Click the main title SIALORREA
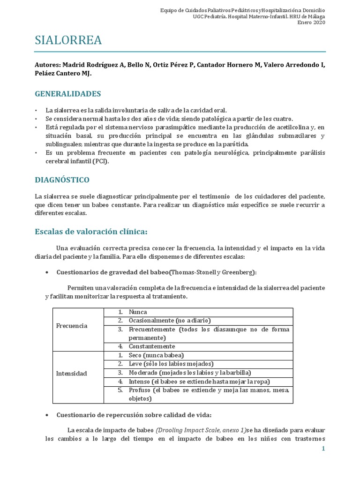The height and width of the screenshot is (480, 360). [68, 41]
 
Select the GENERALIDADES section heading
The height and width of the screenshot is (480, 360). [68, 94]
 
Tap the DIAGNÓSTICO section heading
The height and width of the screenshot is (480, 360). [62, 180]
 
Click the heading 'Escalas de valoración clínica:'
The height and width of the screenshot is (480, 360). [91, 231]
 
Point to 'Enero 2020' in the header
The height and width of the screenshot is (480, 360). [311, 22]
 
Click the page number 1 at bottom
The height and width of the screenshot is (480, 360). [323, 449]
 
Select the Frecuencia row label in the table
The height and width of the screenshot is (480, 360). [72, 325]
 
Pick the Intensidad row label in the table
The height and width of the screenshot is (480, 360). [72, 373]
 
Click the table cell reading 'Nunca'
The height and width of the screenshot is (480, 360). [138, 312]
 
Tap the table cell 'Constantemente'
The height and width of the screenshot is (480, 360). [152, 346]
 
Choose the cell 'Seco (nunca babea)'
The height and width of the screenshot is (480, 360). [156, 355]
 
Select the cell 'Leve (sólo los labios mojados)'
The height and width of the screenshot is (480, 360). [171, 364]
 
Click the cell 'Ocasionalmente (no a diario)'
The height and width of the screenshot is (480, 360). [170, 321]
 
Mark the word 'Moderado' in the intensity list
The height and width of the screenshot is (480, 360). [143, 373]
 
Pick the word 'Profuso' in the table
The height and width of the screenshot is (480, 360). [140, 390]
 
